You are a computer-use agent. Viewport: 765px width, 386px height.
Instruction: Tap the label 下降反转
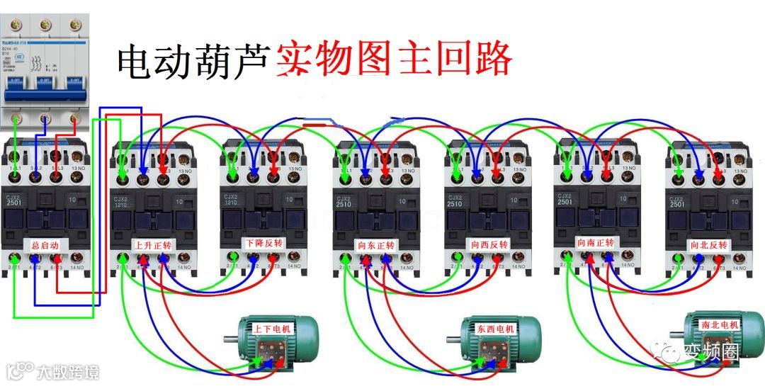[263, 244]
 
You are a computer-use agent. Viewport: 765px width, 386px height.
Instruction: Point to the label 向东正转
[376, 245]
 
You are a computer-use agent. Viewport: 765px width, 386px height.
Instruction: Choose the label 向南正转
[598, 242]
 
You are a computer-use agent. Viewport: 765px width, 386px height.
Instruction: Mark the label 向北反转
[709, 245]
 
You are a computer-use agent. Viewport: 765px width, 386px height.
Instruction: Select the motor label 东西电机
[497, 329]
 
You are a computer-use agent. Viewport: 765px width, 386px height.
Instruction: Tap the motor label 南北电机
[719, 324]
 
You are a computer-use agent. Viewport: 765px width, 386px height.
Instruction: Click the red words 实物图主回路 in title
[393, 60]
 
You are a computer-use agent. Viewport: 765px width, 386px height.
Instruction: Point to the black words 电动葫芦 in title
[193, 62]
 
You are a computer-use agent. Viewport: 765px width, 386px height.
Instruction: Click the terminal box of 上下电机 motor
[273, 352]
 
